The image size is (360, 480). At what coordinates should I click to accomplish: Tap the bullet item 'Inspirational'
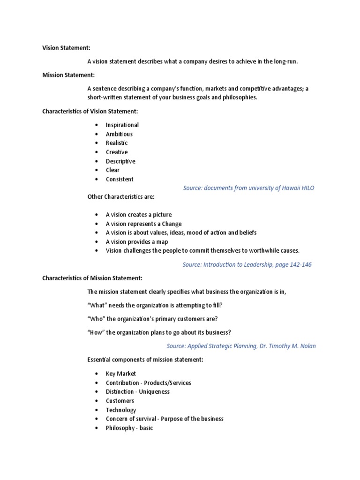click(x=122, y=125)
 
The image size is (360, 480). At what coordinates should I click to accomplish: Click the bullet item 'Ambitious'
click(x=119, y=134)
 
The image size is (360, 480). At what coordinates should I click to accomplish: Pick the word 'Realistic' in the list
click(x=117, y=143)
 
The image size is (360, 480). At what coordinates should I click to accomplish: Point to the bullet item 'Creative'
click(x=117, y=152)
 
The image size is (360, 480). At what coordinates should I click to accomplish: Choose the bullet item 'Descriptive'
click(x=120, y=161)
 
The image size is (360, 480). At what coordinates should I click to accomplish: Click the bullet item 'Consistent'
click(x=120, y=179)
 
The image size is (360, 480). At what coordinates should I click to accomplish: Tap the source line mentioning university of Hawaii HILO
click(x=248, y=188)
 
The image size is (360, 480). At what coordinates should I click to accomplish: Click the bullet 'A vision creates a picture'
click(x=139, y=215)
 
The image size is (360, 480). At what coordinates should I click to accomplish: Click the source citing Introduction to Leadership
click(x=247, y=264)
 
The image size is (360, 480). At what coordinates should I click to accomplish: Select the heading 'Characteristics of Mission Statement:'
click(x=92, y=278)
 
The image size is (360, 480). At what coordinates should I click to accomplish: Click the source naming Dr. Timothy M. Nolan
click(x=241, y=346)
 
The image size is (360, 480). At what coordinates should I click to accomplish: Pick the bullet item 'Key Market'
click(x=121, y=374)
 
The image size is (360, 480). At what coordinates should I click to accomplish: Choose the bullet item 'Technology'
click(x=121, y=410)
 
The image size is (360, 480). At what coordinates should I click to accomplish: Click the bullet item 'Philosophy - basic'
click(x=129, y=428)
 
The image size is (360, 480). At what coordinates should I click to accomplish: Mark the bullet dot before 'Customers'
click(x=97, y=401)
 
